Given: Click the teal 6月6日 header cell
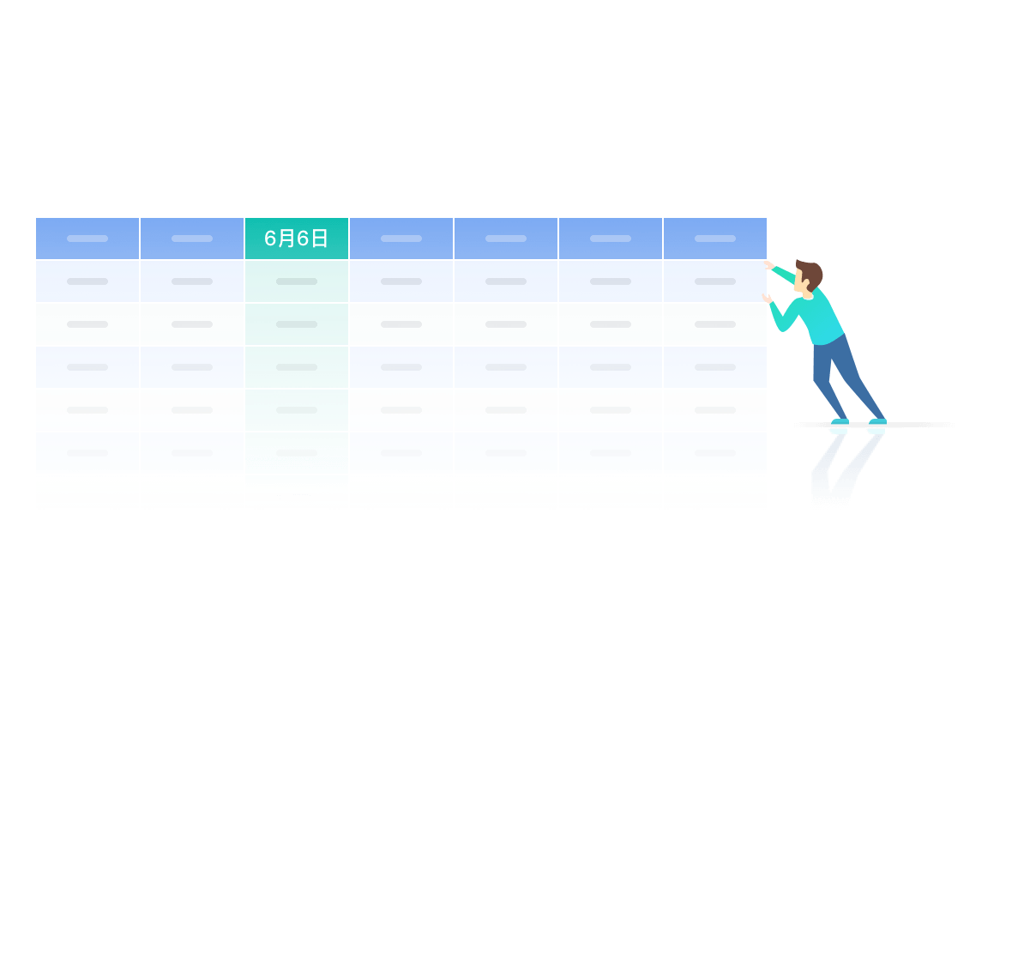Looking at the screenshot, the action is click(296, 238).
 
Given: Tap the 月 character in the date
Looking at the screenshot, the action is click(286, 238).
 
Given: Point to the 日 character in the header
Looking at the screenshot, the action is click(319, 238).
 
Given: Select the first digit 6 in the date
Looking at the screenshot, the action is click(270, 239).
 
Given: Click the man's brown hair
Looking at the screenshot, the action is click(810, 273).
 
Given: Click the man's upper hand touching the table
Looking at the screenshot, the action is click(769, 265).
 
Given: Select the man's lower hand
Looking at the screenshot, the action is click(767, 299).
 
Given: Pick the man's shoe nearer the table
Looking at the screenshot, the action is click(840, 421).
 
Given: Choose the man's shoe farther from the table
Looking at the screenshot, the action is click(878, 421).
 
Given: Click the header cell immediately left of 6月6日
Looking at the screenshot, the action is click(192, 238).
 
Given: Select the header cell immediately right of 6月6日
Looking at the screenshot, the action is click(401, 238).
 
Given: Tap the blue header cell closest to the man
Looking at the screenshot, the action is click(715, 238).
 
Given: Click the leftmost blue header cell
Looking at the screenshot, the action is click(87, 238).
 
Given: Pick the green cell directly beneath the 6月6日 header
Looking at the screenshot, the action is click(296, 281).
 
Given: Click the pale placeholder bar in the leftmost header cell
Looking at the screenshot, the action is click(87, 239).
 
